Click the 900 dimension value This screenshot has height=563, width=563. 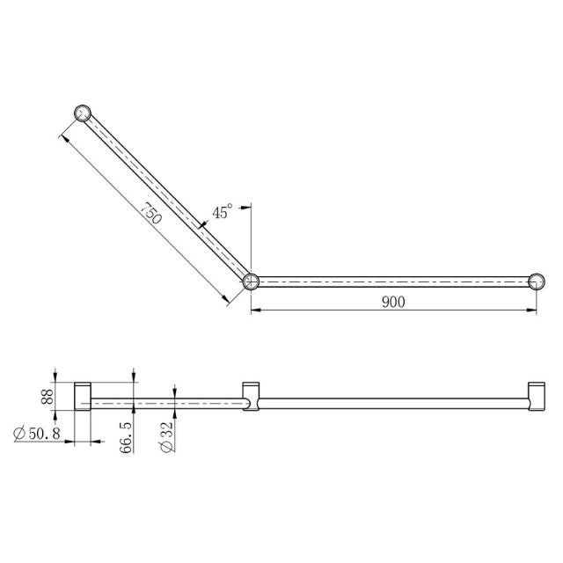coord(392,302)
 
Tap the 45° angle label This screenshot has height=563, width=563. coord(223,212)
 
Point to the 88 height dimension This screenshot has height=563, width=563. coord(48,397)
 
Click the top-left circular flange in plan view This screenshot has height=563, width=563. coord(83,113)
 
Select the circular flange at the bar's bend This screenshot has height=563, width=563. coord(252,281)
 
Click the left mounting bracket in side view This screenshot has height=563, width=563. coord(83,397)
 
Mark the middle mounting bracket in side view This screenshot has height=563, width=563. coord(251,397)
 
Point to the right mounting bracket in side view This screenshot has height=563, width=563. coord(536,397)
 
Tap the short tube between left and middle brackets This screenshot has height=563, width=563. coord(167,404)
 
